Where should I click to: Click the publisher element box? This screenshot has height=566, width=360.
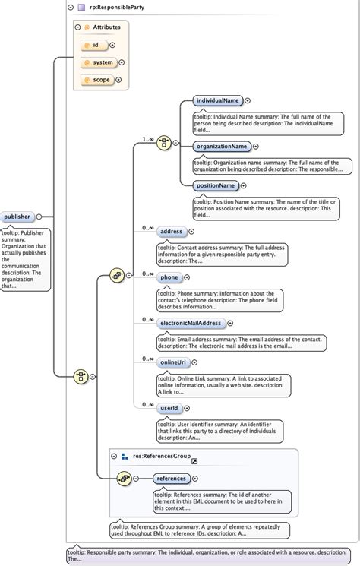click(17, 217)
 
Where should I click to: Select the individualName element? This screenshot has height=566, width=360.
click(218, 100)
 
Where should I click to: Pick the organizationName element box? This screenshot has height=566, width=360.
click(221, 146)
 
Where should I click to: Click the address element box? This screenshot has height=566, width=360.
click(171, 232)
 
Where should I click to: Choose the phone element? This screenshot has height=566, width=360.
click(169, 277)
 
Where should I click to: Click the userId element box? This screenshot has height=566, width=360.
click(169, 409)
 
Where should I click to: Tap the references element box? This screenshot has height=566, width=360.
click(171, 479)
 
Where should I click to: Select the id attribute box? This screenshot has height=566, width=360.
click(95, 45)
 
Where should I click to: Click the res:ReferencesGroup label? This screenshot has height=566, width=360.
click(161, 456)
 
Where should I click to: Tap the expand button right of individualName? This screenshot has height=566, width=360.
click(248, 100)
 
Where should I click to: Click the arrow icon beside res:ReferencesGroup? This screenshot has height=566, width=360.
click(194, 460)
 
